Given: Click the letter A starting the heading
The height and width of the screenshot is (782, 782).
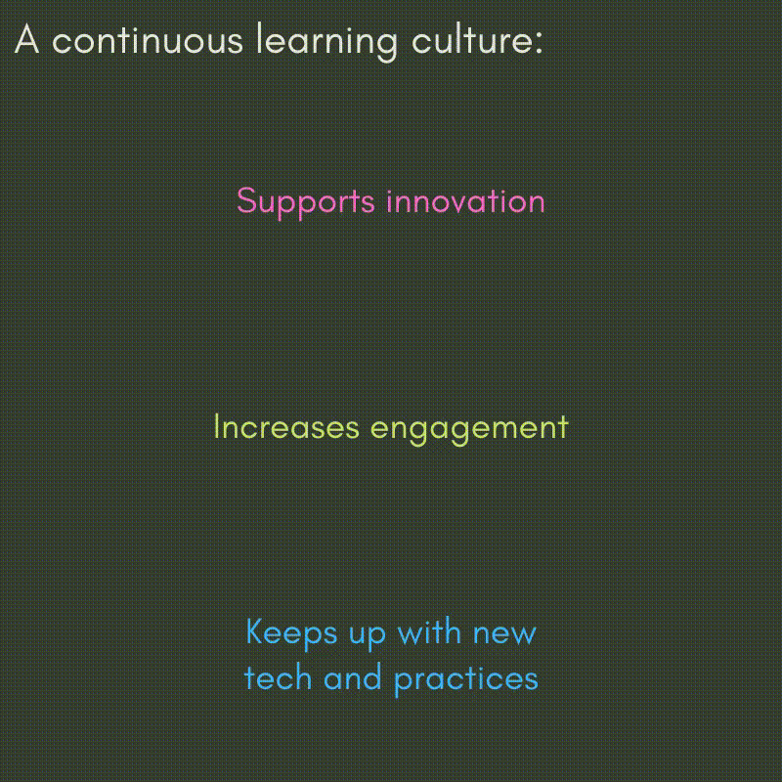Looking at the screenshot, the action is click(x=27, y=39).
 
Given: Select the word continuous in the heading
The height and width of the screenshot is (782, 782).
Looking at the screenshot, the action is click(x=148, y=39).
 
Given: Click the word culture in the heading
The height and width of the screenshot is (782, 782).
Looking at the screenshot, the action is click(x=471, y=39).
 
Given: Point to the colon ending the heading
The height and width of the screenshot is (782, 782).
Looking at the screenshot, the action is click(x=539, y=43).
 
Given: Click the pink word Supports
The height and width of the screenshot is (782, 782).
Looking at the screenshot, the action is click(x=306, y=203).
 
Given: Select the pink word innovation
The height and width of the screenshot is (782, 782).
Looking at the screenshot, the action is click(x=466, y=201).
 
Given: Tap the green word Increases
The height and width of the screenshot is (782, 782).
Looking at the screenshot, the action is click(x=286, y=427).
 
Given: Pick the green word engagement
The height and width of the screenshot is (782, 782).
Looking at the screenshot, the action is click(x=469, y=430).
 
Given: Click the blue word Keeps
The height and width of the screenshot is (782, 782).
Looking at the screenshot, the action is click(x=291, y=634).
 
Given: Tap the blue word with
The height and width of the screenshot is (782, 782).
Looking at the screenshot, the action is click(x=429, y=631).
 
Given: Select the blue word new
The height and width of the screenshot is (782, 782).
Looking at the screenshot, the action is click(x=504, y=634).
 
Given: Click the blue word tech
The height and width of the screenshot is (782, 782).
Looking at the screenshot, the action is click(x=278, y=677).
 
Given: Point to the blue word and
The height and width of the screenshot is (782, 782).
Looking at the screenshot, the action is click(x=353, y=677).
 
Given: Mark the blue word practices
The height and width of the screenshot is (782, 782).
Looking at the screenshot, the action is click(x=466, y=680).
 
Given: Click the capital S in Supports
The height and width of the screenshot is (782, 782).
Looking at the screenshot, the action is click(x=246, y=200).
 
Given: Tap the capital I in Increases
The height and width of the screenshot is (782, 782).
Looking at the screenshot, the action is click(x=216, y=427).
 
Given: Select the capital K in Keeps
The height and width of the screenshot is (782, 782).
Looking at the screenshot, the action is click(x=254, y=631).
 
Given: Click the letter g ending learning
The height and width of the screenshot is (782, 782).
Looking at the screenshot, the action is click(x=387, y=47).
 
